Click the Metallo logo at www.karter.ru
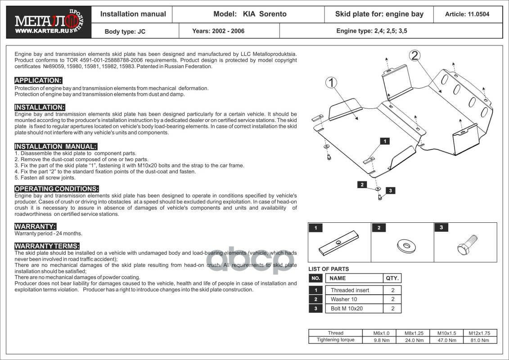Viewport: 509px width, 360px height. pyautogui.click(x=49, y=22)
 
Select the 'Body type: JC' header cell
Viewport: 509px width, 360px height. pyautogui.click(x=125, y=31)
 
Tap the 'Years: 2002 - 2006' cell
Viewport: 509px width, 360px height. pyautogui.click(x=218, y=31)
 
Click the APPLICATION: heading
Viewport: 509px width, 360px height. pyautogui.click(x=38, y=81)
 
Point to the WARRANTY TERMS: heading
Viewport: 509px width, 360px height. pyautogui.click(x=47, y=246)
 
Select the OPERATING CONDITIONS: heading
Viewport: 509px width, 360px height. pyautogui.click(x=57, y=189)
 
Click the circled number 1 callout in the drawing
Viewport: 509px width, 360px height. pyautogui.click(x=331, y=83)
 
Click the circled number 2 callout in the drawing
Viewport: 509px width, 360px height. pyautogui.click(x=414, y=56)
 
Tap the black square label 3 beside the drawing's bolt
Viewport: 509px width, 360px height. pyautogui.click(x=391, y=190)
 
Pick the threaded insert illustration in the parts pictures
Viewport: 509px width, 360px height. pyautogui.click(x=338, y=243)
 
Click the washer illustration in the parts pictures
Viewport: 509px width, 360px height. pyautogui.click(x=406, y=246)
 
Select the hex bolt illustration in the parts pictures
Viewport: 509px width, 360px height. pyautogui.click(x=467, y=245)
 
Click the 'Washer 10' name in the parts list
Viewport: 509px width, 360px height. pyautogui.click(x=344, y=299)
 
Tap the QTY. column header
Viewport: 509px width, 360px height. pyautogui.click(x=392, y=278)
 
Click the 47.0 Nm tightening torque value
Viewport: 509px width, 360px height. pyautogui.click(x=447, y=340)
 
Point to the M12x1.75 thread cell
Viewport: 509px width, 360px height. pyautogui.click(x=479, y=333)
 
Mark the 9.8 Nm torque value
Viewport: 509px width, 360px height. pyautogui.click(x=382, y=340)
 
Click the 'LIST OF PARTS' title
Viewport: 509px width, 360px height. pyautogui.click(x=329, y=269)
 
